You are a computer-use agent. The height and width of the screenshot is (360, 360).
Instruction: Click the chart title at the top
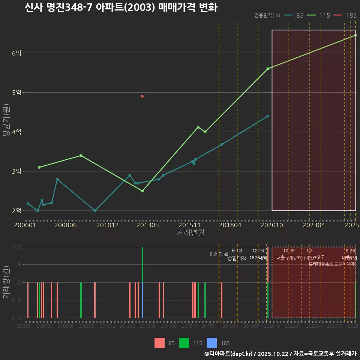121,7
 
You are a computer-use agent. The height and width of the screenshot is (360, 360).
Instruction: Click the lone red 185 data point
142,96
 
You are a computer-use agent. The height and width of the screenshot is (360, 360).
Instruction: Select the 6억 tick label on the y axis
16,53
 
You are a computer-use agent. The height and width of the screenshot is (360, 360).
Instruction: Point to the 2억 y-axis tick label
16,211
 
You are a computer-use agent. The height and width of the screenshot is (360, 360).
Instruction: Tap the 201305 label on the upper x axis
147,225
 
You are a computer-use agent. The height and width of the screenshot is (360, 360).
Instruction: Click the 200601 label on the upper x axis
25,225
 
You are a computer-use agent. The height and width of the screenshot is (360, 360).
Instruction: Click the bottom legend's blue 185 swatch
212,343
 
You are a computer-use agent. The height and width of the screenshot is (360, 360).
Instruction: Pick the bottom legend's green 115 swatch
184,343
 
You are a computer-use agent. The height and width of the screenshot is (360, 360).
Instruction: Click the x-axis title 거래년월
190,232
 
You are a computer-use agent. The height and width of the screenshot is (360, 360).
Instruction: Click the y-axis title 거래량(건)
6,282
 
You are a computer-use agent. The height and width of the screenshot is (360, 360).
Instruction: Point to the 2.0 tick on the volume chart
16,247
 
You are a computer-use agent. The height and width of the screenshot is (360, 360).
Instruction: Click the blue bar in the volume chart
142,300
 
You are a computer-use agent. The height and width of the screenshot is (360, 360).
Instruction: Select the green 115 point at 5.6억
268,69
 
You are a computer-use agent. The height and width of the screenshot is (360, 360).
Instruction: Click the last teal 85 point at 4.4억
268,116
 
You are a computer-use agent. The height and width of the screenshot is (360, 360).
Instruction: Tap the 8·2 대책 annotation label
219,254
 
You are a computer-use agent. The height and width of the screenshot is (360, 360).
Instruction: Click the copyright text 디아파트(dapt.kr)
229,354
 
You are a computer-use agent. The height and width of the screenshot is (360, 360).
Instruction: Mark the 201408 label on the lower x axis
169,326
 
